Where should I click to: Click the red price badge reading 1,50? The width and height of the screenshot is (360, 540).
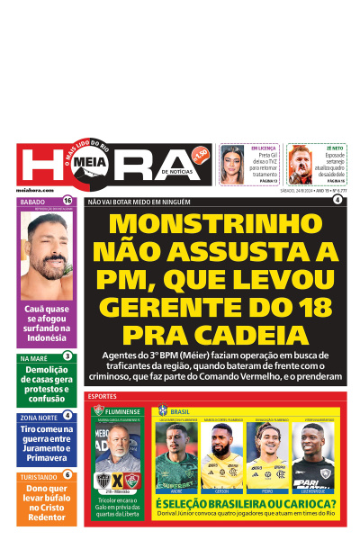click(200, 153)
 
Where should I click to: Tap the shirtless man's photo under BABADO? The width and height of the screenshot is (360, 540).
click(48, 256)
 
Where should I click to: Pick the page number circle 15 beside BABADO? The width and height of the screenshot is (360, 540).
click(67, 202)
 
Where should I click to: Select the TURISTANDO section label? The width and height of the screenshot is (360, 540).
click(39, 477)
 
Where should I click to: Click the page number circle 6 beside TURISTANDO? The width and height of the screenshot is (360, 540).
click(67, 475)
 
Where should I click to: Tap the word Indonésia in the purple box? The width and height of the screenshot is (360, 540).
click(48, 339)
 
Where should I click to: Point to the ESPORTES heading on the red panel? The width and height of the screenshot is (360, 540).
click(103, 396)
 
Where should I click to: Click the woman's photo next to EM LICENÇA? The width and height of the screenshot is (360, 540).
click(233, 164)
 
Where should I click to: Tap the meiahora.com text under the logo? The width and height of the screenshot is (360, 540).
click(34, 191)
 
